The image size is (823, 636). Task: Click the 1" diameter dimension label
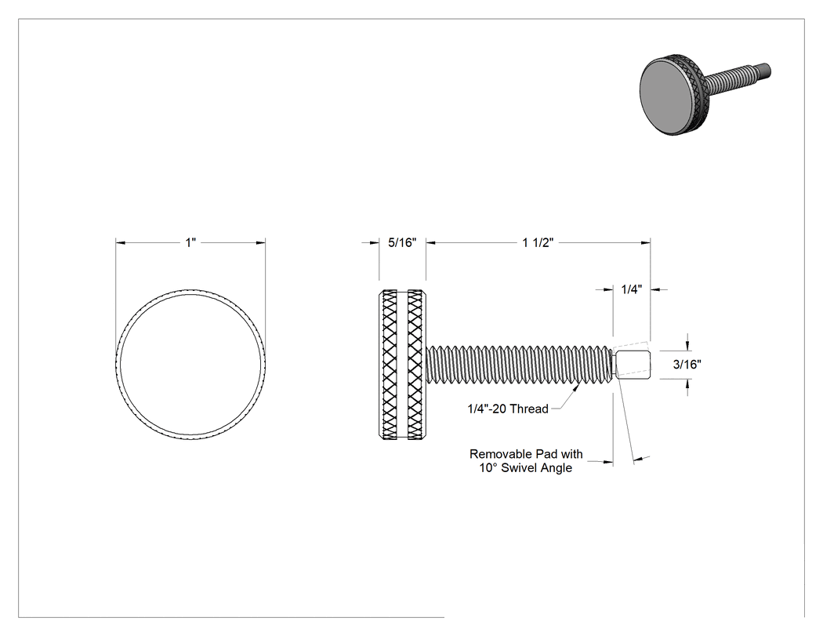(x=190, y=242)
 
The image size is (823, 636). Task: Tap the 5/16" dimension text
(x=402, y=242)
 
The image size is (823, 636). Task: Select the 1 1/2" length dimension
(x=538, y=242)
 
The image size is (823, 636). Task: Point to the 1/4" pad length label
(x=632, y=289)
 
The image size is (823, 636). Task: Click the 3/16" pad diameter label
(x=687, y=365)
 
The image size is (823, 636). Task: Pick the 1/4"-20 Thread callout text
(x=508, y=409)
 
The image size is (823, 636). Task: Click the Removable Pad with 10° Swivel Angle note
(x=526, y=460)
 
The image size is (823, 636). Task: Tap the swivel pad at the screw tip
(x=633, y=363)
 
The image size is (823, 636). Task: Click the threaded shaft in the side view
(x=520, y=363)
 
